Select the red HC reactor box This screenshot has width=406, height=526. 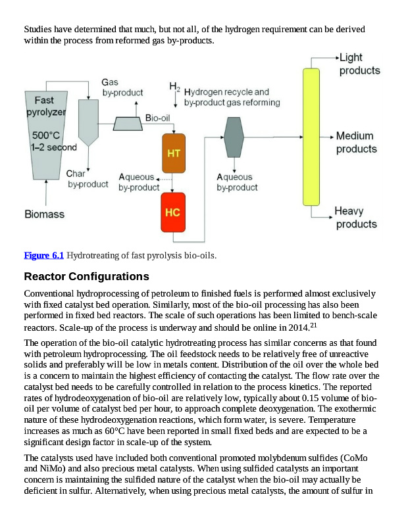173,212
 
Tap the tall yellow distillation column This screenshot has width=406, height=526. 311,136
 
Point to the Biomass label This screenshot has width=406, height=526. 45,214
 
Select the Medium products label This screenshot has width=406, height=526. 356,143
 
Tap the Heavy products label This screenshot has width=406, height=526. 356,218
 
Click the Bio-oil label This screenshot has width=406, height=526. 158,118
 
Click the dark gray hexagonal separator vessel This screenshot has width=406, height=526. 234,137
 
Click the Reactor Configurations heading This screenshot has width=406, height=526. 86,275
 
